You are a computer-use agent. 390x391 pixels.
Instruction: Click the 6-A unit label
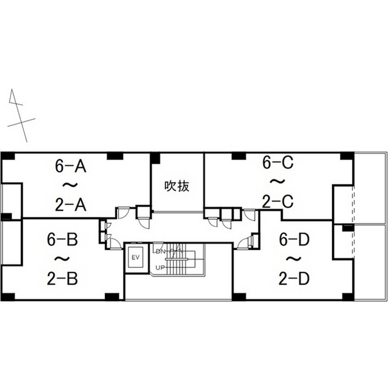pos(71,166)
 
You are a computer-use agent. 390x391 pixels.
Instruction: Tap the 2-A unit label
pos(71,205)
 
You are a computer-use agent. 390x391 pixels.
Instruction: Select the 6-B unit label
pos(62,239)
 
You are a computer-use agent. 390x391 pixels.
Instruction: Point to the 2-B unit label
pos(62,279)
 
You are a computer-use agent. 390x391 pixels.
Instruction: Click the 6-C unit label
pos(278,162)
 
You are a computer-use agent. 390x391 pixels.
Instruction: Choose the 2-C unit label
pos(278,202)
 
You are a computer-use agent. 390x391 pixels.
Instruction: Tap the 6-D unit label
pos(294,239)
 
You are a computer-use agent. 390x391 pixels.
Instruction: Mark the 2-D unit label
pos(294,279)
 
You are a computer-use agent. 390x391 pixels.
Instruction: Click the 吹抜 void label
pos(177,186)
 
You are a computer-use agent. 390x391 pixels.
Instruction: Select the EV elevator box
pos(135,257)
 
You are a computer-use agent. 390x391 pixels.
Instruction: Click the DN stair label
pos(161,252)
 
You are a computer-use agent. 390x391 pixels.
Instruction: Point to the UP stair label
pos(160,268)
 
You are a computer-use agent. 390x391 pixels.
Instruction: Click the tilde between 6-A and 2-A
pos(70,185)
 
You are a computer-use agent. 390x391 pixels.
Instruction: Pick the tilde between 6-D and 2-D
pos(294,259)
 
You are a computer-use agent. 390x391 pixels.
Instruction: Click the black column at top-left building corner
pos(8,156)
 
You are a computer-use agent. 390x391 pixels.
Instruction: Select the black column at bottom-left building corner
pos(8,296)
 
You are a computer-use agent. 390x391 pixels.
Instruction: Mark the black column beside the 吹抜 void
pos(155,158)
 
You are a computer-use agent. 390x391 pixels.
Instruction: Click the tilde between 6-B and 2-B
pos(62,259)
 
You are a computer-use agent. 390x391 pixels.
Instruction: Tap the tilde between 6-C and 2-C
pos(278,181)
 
